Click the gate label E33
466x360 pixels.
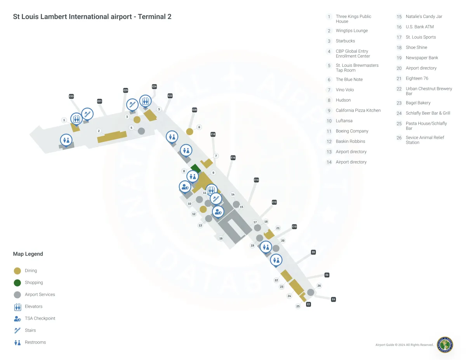coord(71,96)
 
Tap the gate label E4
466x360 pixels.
coord(333,299)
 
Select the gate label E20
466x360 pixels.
coord(195,110)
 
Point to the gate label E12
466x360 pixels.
coord(274,202)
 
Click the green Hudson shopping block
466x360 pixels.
coord(195,169)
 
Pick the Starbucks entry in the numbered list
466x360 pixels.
coord(345,41)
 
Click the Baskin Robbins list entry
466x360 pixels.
coord(350,141)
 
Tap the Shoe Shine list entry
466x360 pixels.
coord(416,47)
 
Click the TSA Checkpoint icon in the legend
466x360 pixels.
coord(17,318)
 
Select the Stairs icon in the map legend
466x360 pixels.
coord(17,330)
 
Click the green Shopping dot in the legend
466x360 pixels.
coord(17,283)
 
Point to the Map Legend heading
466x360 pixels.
coord(28,254)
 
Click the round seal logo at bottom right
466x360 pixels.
coord(445,345)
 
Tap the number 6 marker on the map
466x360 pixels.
coord(199,127)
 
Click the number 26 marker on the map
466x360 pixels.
coord(319,286)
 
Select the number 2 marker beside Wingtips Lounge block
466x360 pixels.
coord(99,131)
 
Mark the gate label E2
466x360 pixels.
coord(308,304)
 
